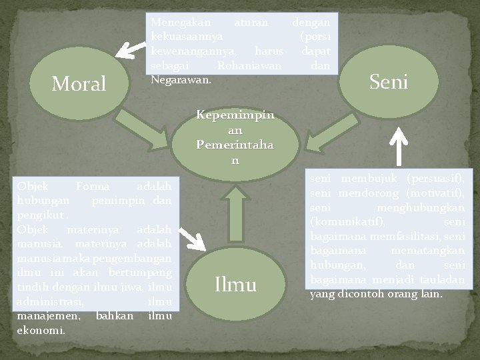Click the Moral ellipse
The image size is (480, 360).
(x=79, y=83)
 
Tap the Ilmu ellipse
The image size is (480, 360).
(x=236, y=285)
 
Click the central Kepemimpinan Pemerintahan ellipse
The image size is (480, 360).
(x=235, y=139)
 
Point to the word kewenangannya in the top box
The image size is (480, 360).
(x=193, y=51)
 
